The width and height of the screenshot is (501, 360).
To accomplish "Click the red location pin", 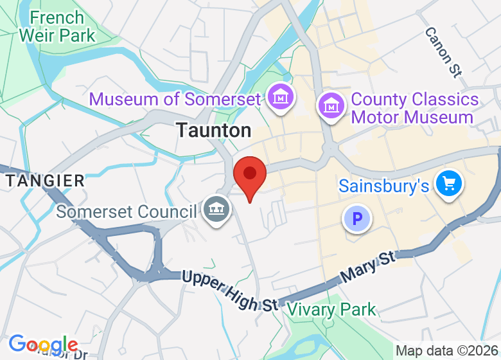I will coord(249,175).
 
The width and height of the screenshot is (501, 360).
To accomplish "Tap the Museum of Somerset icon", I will coord(281,97).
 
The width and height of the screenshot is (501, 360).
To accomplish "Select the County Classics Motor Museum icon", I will coord(331,104).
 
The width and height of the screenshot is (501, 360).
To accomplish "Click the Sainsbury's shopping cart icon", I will coord(448,184).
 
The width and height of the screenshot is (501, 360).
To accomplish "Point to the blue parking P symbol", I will coord(357,219).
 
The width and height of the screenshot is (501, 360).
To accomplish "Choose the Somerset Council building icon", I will coord(217,209).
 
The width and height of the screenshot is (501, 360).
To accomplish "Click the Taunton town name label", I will coord(214,130).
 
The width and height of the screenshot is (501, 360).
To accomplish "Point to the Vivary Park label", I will coord(331,309).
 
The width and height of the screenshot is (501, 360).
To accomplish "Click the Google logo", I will coord(43,345).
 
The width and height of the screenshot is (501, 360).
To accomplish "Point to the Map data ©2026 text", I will coord(447,351).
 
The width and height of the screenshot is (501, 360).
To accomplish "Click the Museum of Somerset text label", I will coord(175,99).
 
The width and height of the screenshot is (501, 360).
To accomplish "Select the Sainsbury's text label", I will coord(383,186).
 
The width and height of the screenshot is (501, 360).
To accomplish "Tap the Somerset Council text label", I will coord(126,211).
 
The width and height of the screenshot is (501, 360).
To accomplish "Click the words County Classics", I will coord(415,100).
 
